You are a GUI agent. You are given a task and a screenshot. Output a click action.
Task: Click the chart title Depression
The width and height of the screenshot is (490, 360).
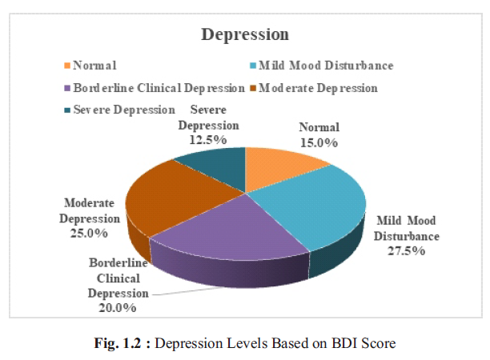(244, 35)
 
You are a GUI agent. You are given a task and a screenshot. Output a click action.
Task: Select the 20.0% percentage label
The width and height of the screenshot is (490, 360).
(117, 306)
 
